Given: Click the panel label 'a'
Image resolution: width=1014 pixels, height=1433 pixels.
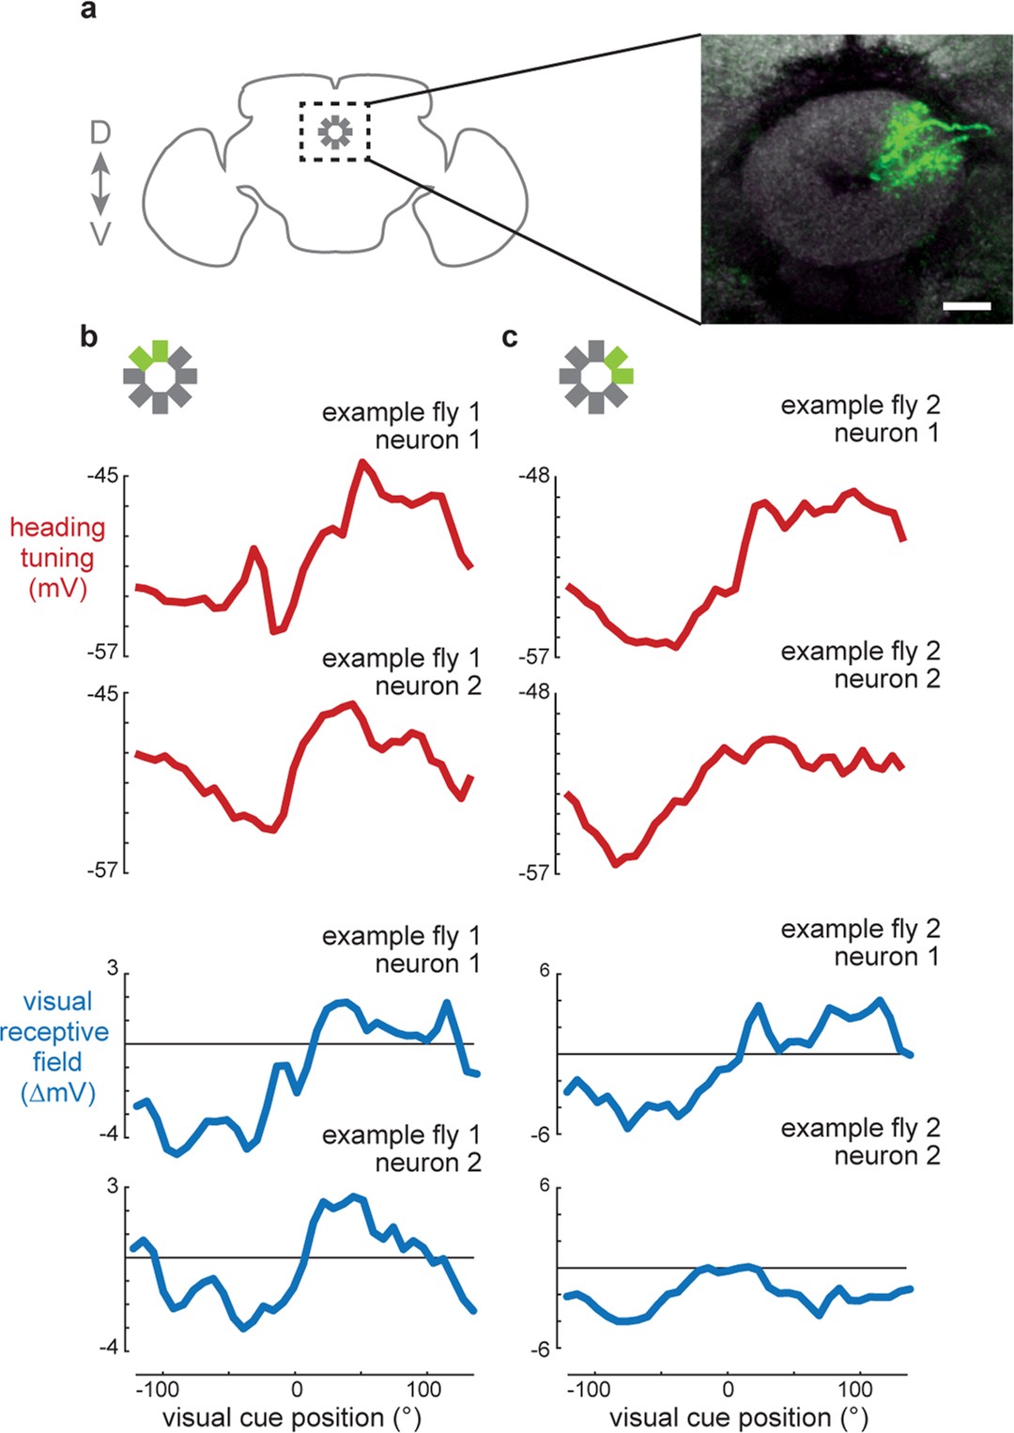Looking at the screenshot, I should point(88,11).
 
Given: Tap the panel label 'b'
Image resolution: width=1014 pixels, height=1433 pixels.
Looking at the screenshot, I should point(88,336).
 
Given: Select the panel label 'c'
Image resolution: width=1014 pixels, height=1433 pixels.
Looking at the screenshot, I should point(510,336).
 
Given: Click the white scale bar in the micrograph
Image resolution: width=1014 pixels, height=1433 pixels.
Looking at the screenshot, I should point(966,306).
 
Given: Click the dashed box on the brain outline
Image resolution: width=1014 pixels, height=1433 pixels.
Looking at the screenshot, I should point(335,132).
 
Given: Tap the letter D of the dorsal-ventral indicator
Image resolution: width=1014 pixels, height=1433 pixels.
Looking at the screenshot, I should point(100,133).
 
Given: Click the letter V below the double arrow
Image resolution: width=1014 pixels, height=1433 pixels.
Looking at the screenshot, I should point(100,234).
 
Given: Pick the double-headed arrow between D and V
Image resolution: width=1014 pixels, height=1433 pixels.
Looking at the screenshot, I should point(100,184).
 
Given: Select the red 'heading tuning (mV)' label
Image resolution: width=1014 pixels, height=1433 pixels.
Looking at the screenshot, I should point(57,558).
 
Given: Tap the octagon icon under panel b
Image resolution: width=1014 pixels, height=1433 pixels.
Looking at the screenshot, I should point(160,376).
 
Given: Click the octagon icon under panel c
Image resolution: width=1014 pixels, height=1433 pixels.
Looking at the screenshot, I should point(596,376).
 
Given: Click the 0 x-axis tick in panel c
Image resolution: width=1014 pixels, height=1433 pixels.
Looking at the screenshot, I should point(728,1389).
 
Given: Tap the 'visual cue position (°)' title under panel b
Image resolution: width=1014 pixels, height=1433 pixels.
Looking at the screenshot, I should point(292,1417).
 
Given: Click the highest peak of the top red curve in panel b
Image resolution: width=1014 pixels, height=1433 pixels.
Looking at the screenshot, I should point(361,462).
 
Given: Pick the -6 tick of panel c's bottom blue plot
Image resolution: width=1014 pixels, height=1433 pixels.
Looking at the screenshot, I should point(539,1349).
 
